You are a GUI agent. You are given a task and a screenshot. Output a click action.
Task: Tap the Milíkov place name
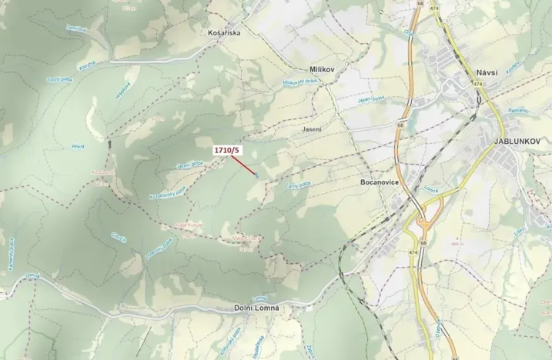(323, 69)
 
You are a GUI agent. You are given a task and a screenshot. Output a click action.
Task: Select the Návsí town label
(487, 72)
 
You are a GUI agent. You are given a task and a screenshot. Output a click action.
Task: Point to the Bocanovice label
(378, 183)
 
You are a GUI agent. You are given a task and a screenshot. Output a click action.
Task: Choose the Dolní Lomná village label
(256, 308)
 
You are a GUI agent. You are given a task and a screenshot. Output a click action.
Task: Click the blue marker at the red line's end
(256, 175)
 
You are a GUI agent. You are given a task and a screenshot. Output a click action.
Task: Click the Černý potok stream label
(298, 185)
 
